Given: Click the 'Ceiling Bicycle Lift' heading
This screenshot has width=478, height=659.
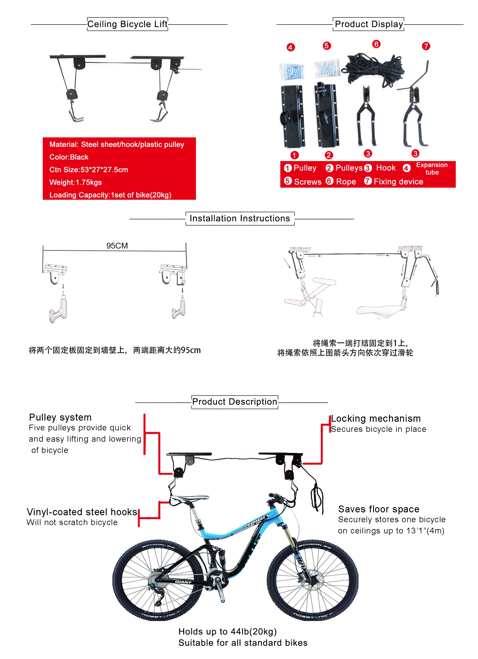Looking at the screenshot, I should [x=127, y=24].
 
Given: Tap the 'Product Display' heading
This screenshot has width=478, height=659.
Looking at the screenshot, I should [x=368, y=24].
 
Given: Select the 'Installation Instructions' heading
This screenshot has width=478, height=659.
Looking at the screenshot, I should [x=240, y=219].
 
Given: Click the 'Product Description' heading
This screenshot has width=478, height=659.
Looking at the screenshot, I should [x=234, y=402].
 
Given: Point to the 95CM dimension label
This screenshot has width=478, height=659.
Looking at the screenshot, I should [x=117, y=246].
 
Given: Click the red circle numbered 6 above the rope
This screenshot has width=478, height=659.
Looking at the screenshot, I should [x=376, y=44].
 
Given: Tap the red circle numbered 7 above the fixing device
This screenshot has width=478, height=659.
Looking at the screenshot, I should [x=426, y=46].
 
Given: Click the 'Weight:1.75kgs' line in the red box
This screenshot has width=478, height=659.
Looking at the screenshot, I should [x=76, y=182].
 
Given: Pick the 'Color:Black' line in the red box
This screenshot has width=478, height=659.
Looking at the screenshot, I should [x=69, y=157].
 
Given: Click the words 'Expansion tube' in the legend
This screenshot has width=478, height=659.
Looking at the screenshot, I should [x=432, y=169].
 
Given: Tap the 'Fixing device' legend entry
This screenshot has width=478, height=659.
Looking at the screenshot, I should [x=398, y=182].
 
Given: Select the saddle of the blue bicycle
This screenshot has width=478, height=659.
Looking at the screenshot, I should [x=189, y=499].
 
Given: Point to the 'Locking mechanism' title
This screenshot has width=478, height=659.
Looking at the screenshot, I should [x=376, y=419].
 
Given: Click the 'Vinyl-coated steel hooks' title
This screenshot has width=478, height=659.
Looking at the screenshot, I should [x=82, y=512].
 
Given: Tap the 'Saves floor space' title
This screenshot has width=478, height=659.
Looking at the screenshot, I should [x=379, y=509].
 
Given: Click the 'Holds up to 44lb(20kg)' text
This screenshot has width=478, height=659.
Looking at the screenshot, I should [x=227, y=632].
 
